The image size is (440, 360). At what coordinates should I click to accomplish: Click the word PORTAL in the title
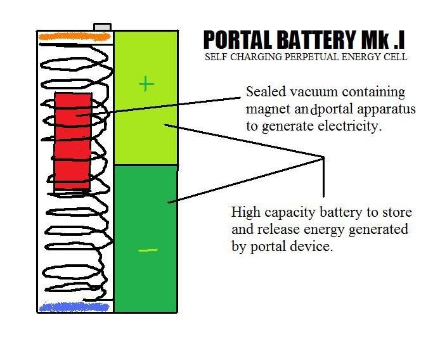coord(238,40)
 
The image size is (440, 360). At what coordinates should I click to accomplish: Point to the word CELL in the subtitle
coord(396,57)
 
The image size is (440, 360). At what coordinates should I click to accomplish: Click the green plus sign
coord(146,84)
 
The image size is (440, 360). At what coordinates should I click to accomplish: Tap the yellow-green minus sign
coord(148,250)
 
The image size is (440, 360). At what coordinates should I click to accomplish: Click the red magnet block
coord(73,141)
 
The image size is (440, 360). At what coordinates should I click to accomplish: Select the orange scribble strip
coord(74,37)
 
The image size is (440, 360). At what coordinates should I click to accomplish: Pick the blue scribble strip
coord(74,307)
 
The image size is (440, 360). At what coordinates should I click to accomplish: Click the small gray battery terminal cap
coord(103,27)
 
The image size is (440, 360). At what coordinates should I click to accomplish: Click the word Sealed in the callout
coord(266,92)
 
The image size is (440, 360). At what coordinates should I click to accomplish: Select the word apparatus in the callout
coord(386,110)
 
